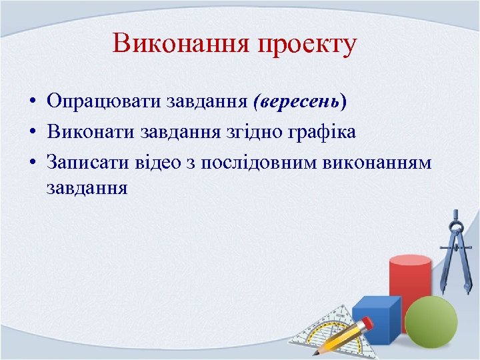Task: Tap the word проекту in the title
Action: (x=307, y=45)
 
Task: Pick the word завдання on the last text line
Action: (x=87, y=187)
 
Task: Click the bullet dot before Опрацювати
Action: (x=32, y=102)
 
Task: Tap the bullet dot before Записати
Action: (x=32, y=162)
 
